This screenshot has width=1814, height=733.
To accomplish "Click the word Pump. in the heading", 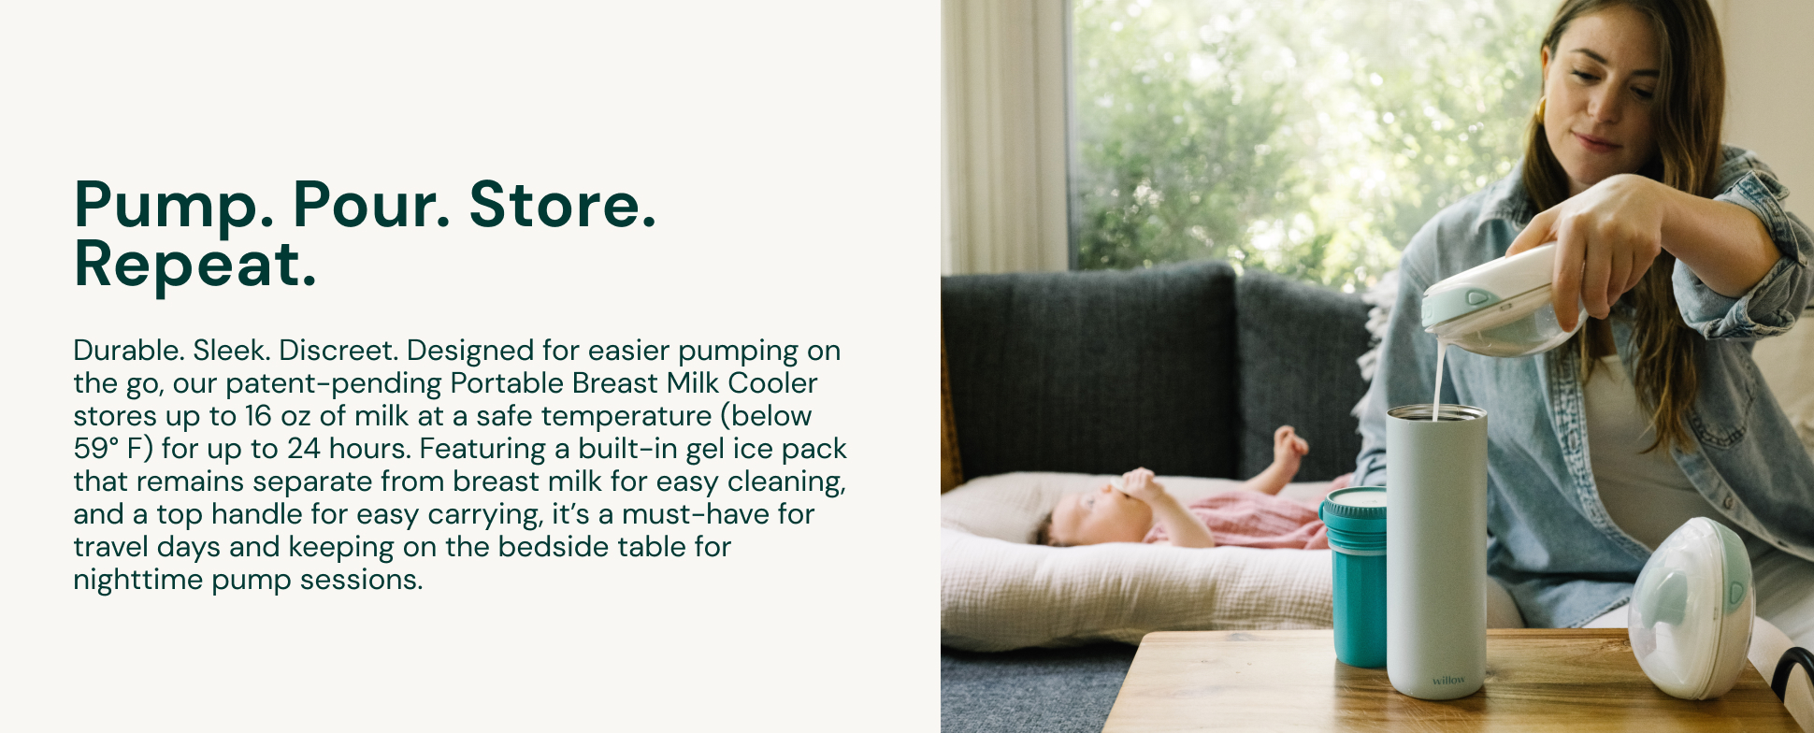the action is [174, 205].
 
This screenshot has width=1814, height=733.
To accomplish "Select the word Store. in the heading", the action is [563, 204].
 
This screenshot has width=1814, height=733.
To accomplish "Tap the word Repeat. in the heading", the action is [195, 265].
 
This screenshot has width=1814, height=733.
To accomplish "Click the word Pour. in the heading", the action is [371, 204].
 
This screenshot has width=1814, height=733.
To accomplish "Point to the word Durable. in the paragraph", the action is [129, 351].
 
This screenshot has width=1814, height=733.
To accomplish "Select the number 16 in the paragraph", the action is [258, 416].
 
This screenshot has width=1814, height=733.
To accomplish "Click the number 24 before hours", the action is [304, 449].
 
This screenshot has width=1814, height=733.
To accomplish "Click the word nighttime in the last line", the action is [138, 580].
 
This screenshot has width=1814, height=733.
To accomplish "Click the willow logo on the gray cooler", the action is [1448, 680].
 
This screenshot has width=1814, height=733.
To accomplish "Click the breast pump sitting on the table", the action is [1691, 608].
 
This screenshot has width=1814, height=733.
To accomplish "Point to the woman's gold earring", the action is [1540, 110].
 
